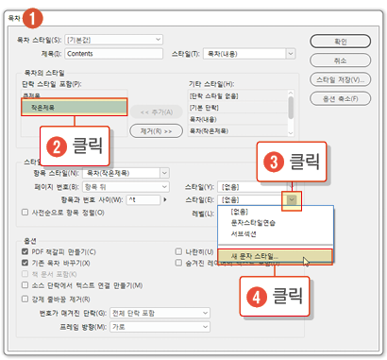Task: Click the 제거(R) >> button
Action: pyautogui.click(x=156, y=130)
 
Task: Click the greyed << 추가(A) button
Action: pyautogui.click(x=156, y=111)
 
